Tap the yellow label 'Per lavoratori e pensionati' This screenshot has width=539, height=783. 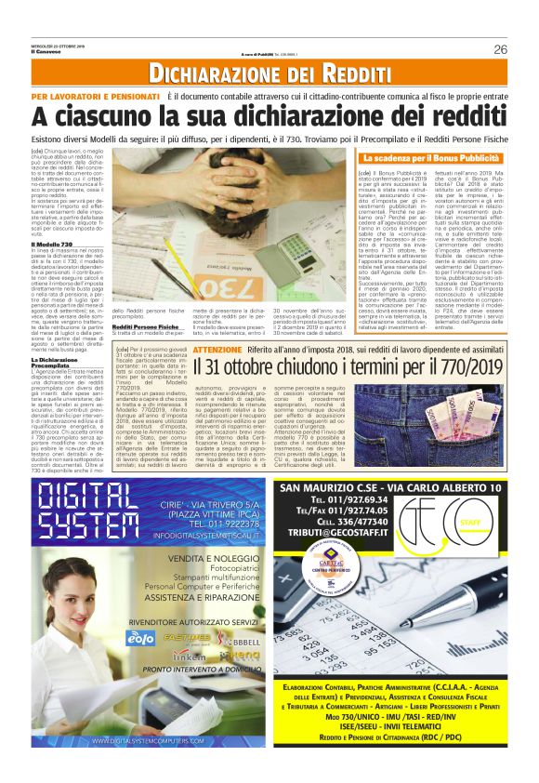(94, 97)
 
